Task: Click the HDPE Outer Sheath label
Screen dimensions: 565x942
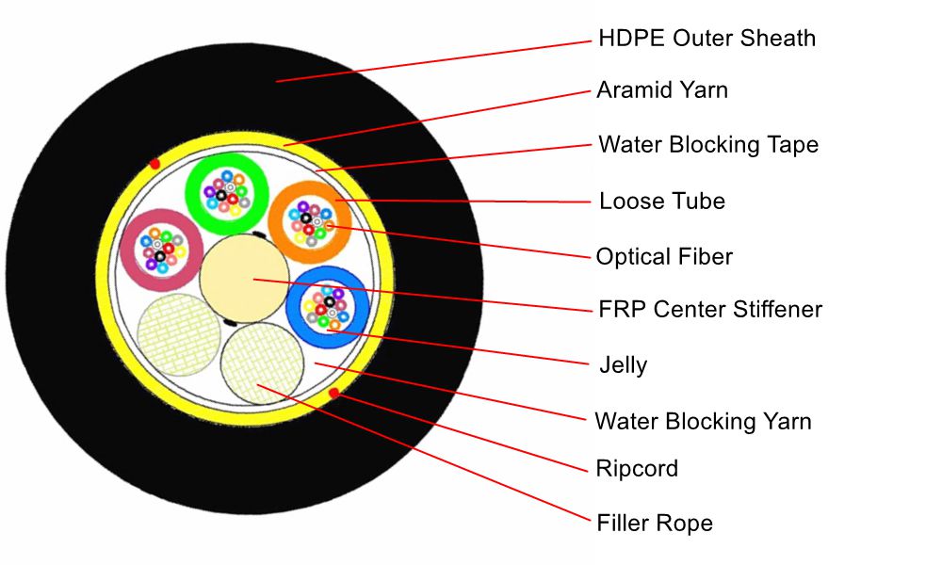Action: point(706,39)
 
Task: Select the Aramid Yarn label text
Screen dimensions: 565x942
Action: point(662,90)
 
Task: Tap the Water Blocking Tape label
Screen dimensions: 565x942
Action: point(708,145)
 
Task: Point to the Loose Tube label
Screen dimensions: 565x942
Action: point(662,202)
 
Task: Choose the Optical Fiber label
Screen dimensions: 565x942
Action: point(664,256)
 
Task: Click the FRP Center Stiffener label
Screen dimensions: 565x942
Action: point(710,309)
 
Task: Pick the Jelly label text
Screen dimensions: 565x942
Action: point(623,364)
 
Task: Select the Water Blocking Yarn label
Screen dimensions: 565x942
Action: point(703,421)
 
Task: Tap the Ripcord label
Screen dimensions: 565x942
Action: point(637,469)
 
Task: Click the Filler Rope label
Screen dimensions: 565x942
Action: point(655,524)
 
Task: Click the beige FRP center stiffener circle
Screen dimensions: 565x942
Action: point(243,277)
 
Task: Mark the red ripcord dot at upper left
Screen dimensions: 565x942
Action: point(154,164)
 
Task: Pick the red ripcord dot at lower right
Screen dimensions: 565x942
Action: point(333,392)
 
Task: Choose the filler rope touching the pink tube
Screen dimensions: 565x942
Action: point(179,334)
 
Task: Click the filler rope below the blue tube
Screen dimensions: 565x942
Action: point(263,363)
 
